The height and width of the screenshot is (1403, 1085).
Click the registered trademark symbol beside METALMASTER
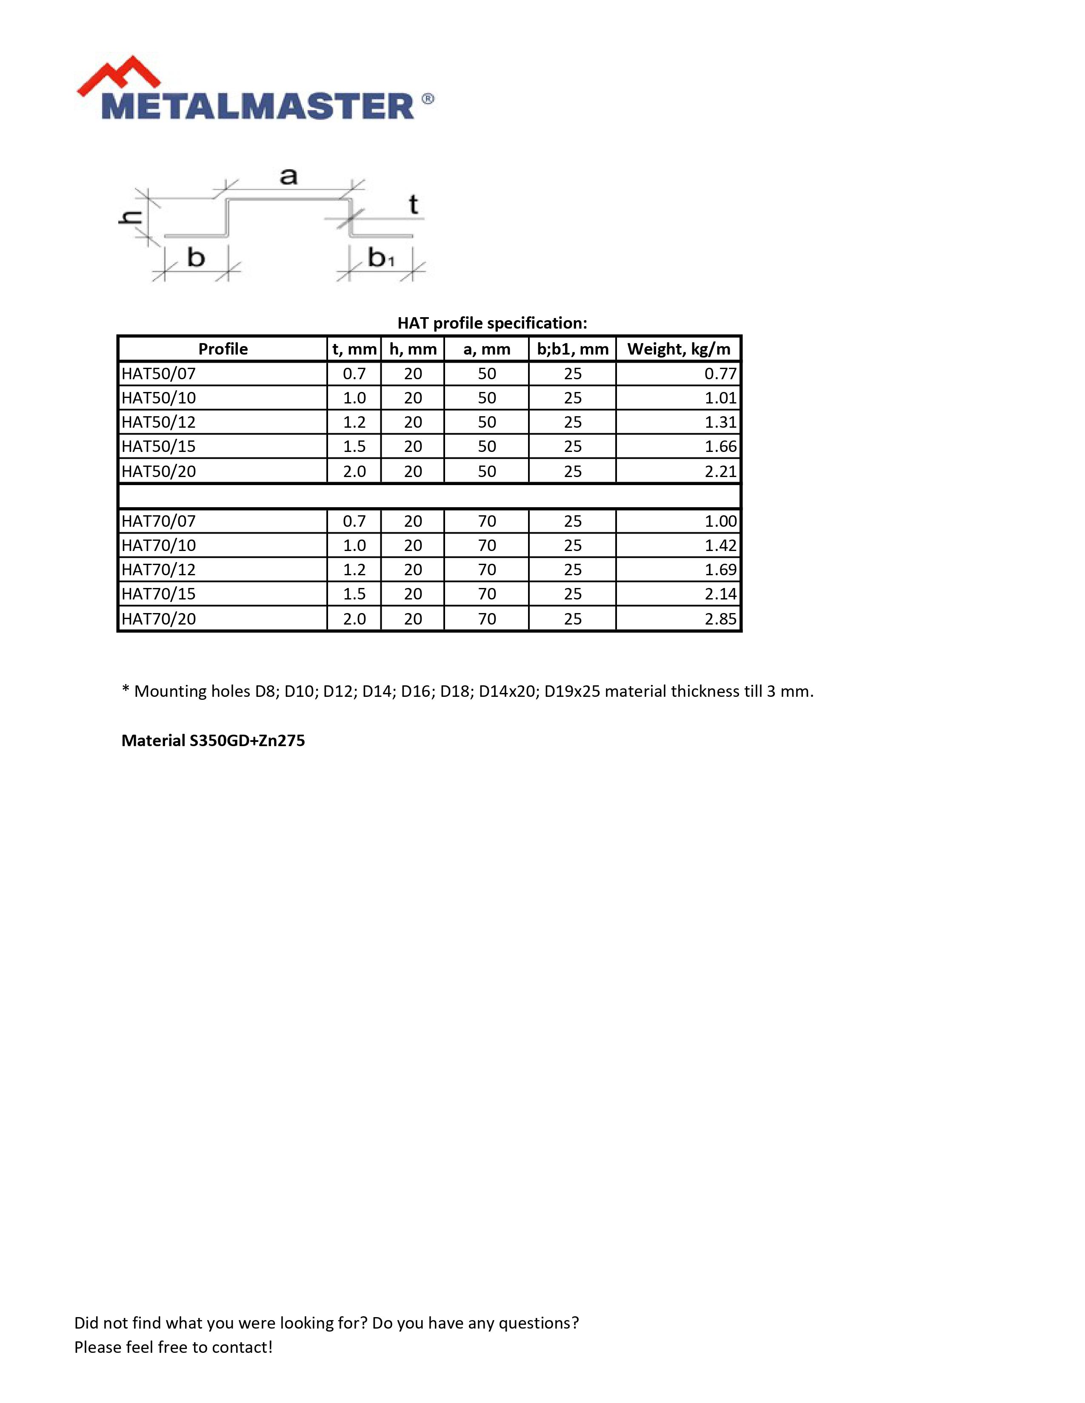tap(428, 99)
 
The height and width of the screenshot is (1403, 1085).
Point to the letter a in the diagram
tap(288, 176)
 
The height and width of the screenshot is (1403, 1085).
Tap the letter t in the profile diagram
tap(413, 205)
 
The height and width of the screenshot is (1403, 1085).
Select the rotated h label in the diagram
tap(131, 218)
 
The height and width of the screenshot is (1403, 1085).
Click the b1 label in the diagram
tap(380, 258)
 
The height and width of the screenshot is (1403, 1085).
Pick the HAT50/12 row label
tap(159, 423)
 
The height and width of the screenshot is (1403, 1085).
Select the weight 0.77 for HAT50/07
tap(720, 374)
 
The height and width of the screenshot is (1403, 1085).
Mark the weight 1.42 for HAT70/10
tap(720, 546)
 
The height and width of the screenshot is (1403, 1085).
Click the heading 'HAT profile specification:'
tap(492, 323)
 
